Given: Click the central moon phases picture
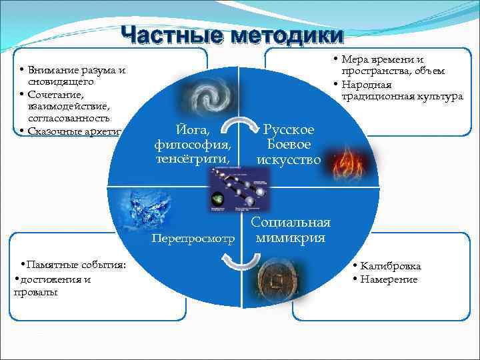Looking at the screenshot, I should click(239, 189).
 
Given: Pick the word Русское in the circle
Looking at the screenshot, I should click(289, 129).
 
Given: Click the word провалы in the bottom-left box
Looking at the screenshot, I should click(35, 292).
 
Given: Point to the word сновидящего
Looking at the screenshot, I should click(57, 83).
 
